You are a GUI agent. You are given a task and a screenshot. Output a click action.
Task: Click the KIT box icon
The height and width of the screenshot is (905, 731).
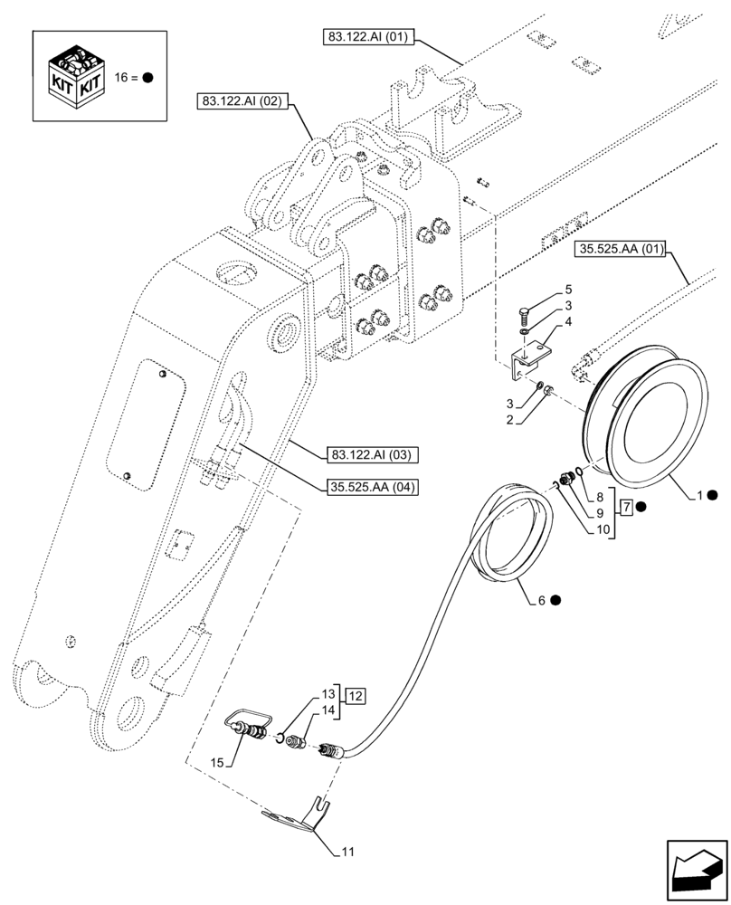76,76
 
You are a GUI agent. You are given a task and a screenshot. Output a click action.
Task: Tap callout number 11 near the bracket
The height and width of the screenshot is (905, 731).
348,852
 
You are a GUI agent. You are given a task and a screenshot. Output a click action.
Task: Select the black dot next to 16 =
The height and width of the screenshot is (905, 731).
147,78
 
